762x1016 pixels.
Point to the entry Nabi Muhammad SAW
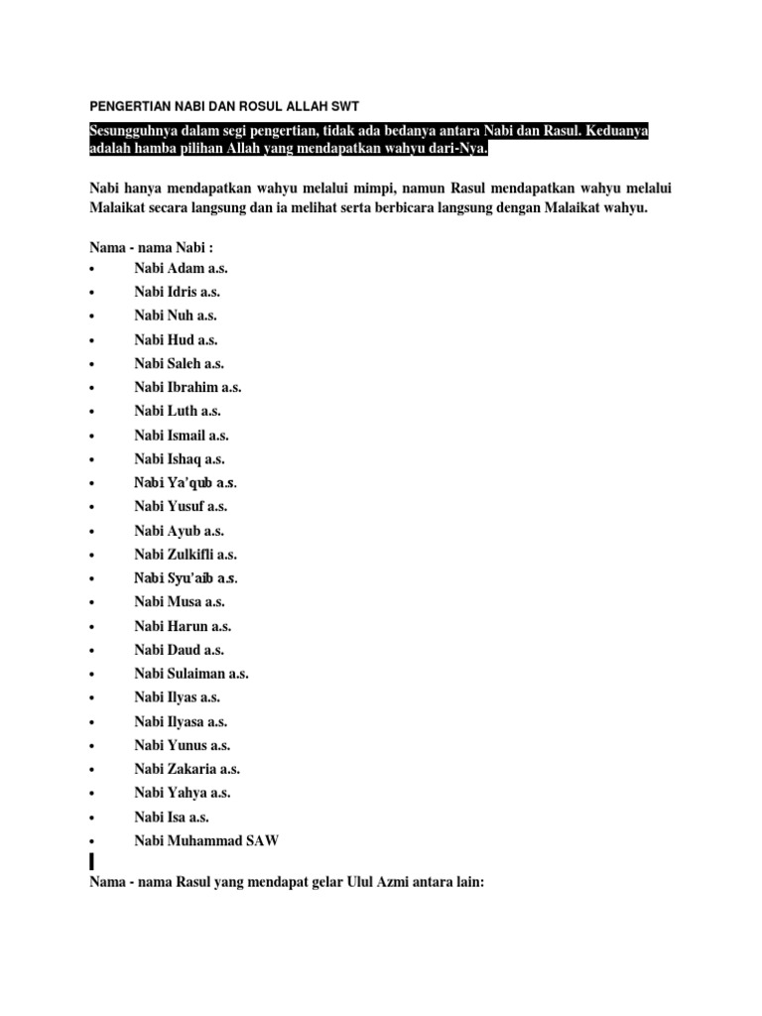click(207, 840)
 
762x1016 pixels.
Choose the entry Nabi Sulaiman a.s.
click(191, 674)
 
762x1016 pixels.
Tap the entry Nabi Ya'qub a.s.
click(186, 483)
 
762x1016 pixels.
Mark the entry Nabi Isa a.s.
click(172, 817)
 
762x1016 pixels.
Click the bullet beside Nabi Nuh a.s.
click(90, 317)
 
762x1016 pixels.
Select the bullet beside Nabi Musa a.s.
click(90, 602)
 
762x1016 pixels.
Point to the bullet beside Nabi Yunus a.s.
click(90, 746)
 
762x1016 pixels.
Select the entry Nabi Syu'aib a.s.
click(187, 578)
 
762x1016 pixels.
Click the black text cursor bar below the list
click(91, 860)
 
